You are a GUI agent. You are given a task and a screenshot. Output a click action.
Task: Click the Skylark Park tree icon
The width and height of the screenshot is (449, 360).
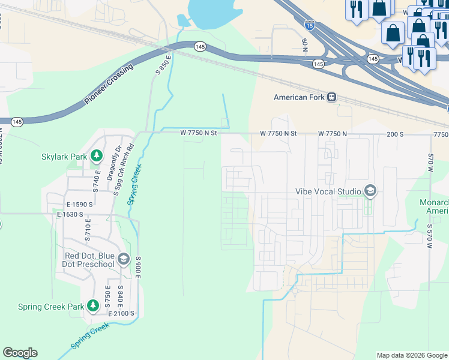point(96,157)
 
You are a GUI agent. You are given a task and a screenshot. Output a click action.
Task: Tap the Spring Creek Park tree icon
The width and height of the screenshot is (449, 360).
point(92,306)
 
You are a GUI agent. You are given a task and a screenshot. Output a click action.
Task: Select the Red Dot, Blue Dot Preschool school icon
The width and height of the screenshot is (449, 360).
point(124,259)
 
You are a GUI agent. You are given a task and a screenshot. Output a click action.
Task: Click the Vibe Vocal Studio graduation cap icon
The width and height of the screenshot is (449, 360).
point(370,191)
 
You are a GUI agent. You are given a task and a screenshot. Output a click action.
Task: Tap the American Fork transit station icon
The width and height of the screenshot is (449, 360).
point(331,97)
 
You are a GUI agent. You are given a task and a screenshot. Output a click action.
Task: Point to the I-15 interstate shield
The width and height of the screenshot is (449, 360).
point(309,25)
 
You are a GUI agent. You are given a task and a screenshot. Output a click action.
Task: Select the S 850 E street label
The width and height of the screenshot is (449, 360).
point(163,64)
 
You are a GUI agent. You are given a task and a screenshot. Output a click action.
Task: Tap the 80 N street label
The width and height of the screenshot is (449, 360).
point(304,45)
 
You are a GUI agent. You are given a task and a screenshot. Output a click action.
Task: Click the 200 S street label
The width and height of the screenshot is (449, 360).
point(395,133)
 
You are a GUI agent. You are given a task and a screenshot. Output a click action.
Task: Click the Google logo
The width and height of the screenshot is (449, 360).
point(20,353)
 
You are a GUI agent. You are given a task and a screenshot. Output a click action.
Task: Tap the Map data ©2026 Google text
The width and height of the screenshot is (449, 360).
point(411,355)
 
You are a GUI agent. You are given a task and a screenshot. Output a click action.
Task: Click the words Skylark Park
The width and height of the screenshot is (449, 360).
point(64,157)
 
